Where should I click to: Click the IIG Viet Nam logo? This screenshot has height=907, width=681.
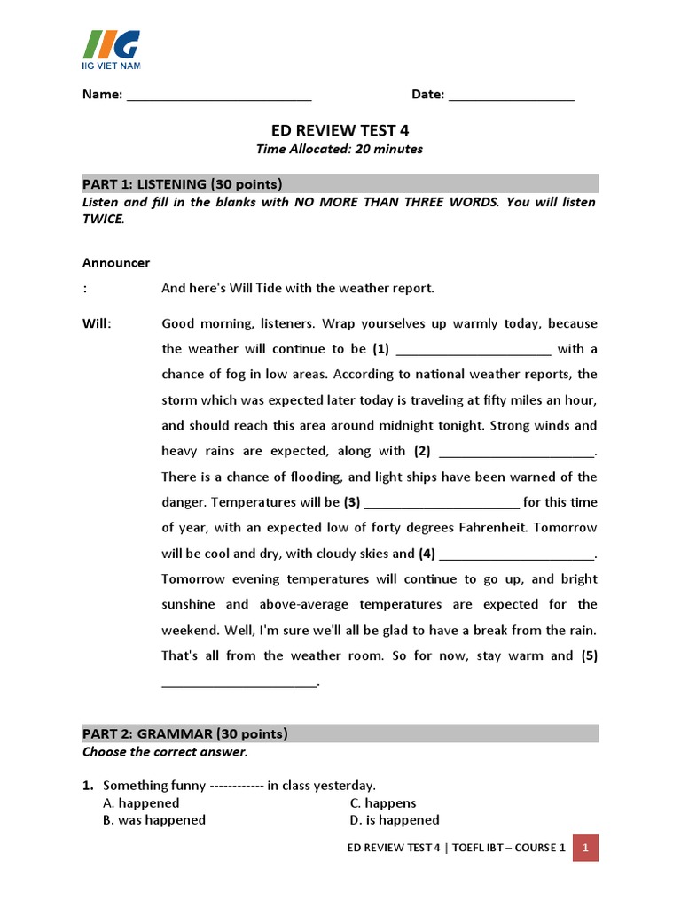point(111,50)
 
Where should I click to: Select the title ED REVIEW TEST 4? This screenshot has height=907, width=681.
point(340,129)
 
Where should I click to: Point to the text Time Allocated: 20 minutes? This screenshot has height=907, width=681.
point(340,149)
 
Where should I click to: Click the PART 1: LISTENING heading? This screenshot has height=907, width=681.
point(183,184)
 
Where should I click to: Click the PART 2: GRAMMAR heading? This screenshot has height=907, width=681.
point(185,733)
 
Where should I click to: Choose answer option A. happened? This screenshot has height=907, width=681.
point(141,803)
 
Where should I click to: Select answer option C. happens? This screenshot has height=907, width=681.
point(383,803)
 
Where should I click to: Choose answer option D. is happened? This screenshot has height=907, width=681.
point(395,820)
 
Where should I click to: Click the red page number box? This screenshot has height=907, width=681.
point(585,848)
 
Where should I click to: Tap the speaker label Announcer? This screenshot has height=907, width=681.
point(116,263)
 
